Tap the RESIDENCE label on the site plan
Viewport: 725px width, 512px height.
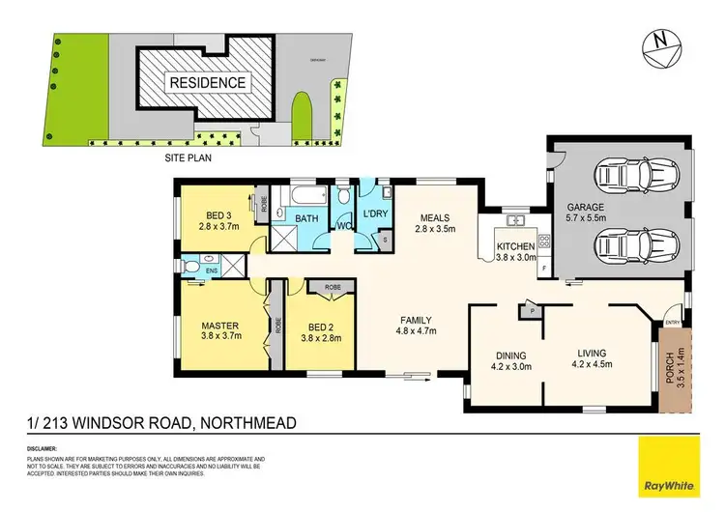pos(208,82)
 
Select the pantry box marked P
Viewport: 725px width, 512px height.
pos(530,310)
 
